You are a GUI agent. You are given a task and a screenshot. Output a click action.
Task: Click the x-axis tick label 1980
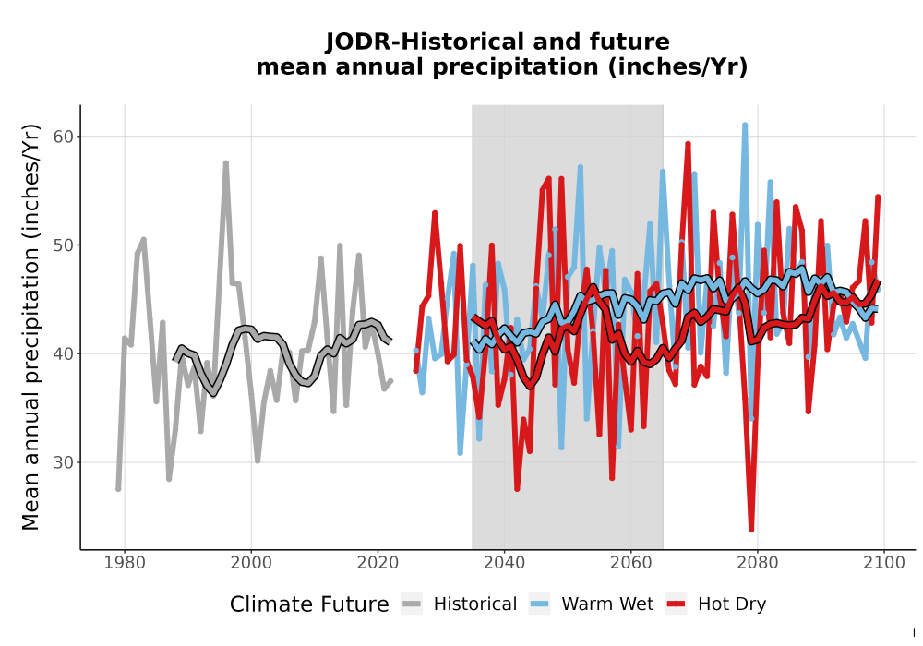125,563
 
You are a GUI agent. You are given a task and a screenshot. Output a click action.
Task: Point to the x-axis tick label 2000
251,563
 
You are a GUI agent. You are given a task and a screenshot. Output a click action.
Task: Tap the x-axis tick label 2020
378,563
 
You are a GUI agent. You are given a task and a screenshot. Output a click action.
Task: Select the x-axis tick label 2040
505,563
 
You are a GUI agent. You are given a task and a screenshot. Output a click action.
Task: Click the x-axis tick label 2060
631,563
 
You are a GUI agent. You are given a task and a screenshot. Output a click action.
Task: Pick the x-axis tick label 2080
758,563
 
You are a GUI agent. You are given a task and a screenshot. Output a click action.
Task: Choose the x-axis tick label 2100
884,563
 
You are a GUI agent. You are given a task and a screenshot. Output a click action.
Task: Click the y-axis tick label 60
65,137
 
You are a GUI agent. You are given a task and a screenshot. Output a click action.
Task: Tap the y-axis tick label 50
65,245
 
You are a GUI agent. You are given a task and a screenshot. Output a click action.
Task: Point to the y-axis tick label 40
65,354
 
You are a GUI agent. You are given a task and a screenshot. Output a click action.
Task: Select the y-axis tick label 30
65,462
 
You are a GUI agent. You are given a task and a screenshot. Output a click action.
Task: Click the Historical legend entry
459,604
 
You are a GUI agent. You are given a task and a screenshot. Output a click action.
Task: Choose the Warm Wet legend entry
591,604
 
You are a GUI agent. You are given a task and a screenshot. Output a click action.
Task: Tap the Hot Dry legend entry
716,604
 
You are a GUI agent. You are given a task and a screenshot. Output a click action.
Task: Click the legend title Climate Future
309,604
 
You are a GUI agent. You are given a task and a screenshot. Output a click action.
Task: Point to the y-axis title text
30,327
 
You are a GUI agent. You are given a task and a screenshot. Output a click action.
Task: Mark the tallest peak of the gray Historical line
225,163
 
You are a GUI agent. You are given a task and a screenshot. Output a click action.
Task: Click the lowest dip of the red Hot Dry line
751,530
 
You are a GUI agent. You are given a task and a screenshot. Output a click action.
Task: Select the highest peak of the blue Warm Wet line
745,125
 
